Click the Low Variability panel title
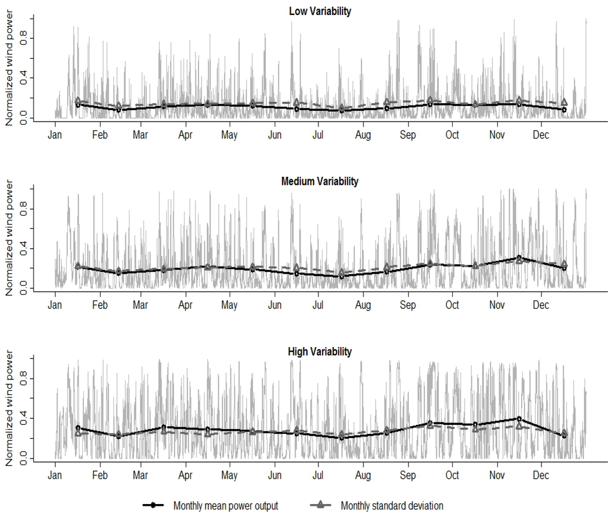(x=320, y=11)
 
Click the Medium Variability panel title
(x=320, y=182)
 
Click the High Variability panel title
(x=320, y=352)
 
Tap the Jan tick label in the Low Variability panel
(x=55, y=135)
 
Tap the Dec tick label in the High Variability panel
(x=541, y=475)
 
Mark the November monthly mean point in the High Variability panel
(x=519, y=419)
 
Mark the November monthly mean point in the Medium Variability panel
(x=519, y=258)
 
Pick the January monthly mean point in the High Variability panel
(x=78, y=428)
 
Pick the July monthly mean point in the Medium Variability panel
(x=341, y=276)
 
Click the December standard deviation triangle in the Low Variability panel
(x=564, y=102)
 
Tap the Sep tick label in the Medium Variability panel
(x=408, y=306)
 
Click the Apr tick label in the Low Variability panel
(x=186, y=135)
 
